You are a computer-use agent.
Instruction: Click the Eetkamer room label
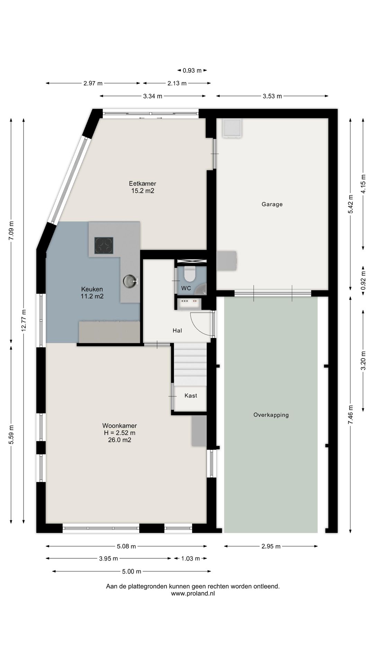[x=142, y=184]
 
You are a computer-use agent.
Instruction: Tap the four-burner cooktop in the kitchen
[x=104, y=245]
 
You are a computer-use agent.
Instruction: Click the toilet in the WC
[x=189, y=274]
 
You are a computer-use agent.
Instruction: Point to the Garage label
[x=272, y=204]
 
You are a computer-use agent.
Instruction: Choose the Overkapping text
[x=271, y=415]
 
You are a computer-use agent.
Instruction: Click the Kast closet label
[x=191, y=396]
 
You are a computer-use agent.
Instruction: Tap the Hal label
[x=177, y=331]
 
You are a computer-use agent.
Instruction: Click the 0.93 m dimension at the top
[x=192, y=70]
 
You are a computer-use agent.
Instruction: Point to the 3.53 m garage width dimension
[x=272, y=96]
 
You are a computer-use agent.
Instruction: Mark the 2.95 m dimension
[x=271, y=547]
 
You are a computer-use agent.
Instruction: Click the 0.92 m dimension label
[x=363, y=281]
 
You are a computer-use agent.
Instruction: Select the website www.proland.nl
[x=193, y=593]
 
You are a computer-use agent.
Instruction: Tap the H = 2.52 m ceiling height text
[x=119, y=433]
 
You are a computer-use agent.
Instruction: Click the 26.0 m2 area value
[x=119, y=440]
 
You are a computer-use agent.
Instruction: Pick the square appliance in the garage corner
[x=232, y=128]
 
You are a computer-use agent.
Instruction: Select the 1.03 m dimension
[x=190, y=558]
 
